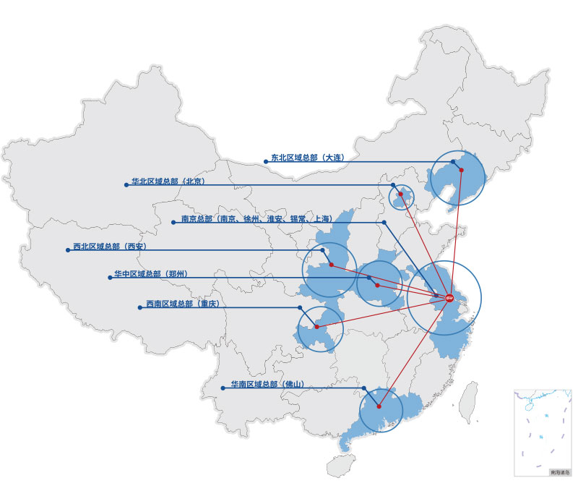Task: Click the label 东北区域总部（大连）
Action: pyautogui.click(x=306, y=157)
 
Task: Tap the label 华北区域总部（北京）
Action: pyautogui.click(x=168, y=181)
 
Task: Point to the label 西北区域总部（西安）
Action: pyautogui.click(x=110, y=247)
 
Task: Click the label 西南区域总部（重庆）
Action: pyautogui.click(x=182, y=304)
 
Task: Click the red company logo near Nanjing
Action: pyautogui.click(x=449, y=298)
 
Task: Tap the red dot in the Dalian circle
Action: pyautogui.click(x=461, y=171)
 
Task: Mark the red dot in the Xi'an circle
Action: pyautogui.click(x=331, y=265)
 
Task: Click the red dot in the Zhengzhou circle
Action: pyautogui.click(x=377, y=285)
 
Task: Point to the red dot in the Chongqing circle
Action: pyautogui.click(x=317, y=328)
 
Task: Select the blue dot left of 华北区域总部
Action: pyautogui.click(x=126, y=185)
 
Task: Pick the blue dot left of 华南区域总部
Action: pyautogui.click(x=223, y=388)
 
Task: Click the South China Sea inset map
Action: pyautogui.click(x=542, y=432)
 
